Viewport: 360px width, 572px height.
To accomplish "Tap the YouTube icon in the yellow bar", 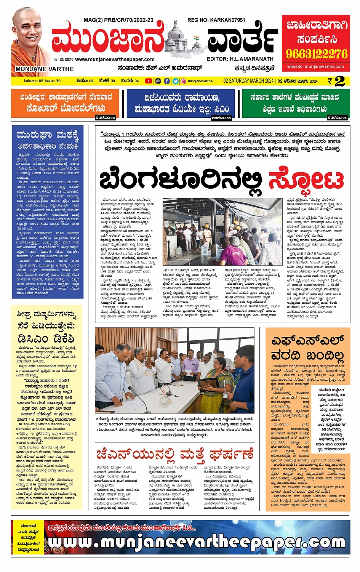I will pos(149,81).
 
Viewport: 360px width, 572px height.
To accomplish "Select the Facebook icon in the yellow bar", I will pos(167,81).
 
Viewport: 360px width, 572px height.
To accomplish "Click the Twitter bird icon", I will pos(175,81).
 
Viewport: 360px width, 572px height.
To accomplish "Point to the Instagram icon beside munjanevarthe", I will pos(183,81).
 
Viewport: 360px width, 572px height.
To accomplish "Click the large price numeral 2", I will pos(339,81).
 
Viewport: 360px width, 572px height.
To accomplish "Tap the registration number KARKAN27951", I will pos(216,20).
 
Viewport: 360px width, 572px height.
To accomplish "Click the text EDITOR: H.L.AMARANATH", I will pos(240,59).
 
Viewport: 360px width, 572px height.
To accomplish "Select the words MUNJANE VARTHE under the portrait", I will pos(45,69).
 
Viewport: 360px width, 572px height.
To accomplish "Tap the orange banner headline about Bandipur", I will pos(66,103).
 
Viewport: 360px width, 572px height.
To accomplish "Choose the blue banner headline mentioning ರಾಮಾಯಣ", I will pos(182,103).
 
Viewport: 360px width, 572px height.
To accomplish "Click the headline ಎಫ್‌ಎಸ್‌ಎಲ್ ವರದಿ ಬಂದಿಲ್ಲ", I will pos(307,348).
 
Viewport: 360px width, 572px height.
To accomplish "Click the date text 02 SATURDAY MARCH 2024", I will pos(248,81).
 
